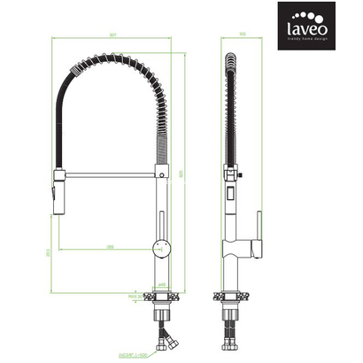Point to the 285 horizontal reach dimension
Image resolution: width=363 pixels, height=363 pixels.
coord(108,245)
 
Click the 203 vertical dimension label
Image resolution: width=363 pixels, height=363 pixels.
coord(47,252)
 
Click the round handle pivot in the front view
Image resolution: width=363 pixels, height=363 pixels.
coord(159,243)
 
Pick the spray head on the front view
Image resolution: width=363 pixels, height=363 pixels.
coord(59,190)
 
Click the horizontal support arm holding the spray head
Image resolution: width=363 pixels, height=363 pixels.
coord(108,176)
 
